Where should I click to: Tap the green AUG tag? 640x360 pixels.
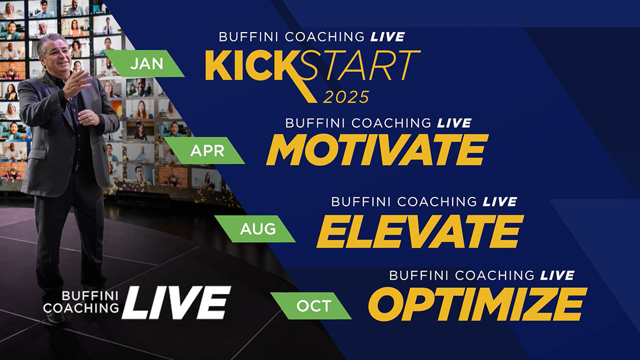pyautogui.click(x=258, y=229)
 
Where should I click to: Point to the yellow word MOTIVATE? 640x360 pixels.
pyautogui.click(x=376, y=150)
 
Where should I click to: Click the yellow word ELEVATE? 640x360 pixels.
pyautogui.click(x=420, y=231)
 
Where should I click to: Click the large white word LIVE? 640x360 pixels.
pyautogui.click(x=175, y=302)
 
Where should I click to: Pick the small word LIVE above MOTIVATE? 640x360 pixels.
pyautogui.click(x=453, y=123)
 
